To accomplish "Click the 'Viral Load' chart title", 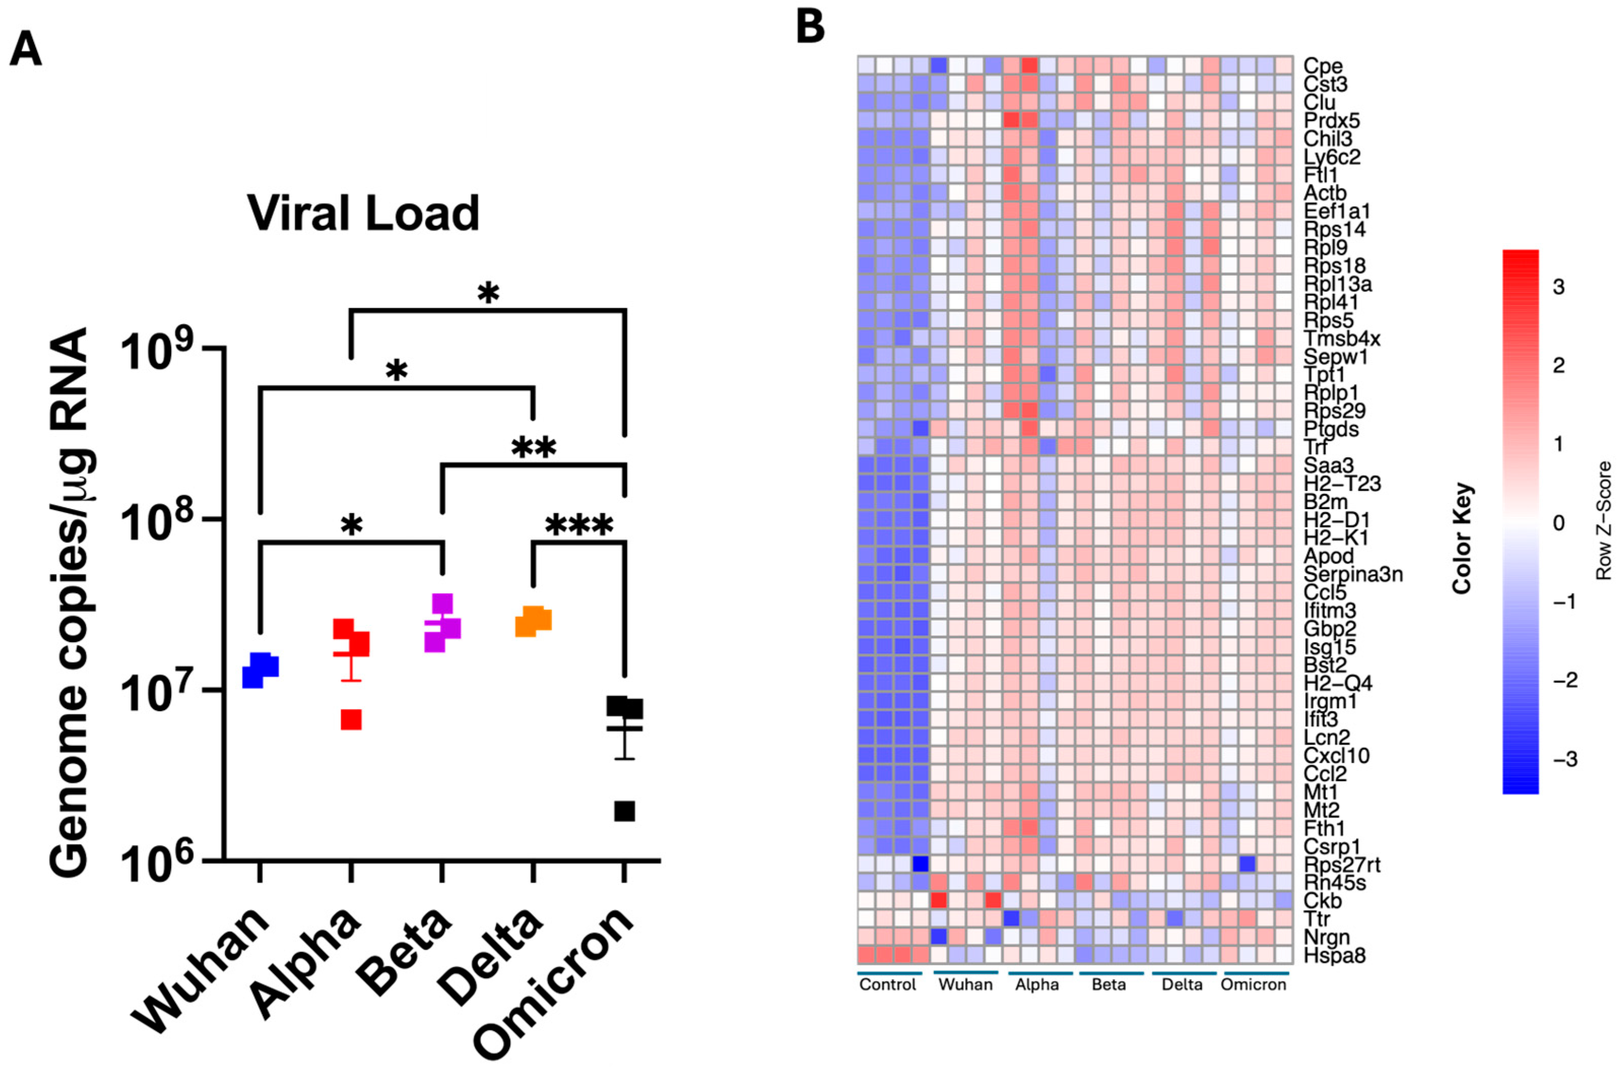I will [363, 214].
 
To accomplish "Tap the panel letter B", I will [810, 28].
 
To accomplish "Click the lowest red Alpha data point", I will [351, 720].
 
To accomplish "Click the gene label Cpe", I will [1322, 66].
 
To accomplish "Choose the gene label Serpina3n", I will [1352, 575].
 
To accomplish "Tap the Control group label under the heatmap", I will [887, 984].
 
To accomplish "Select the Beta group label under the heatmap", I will [1109, 984].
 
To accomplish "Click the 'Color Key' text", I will [1462, 538].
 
